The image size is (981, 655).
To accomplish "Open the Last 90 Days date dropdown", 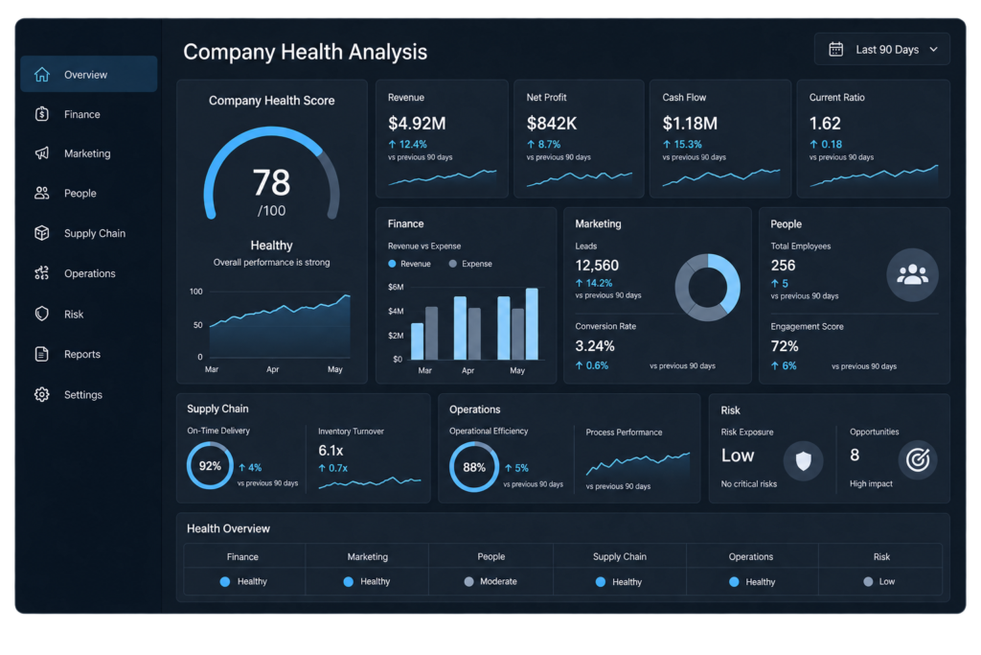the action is pyautogui.click(x=882, y=50).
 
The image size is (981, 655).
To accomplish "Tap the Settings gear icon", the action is pyautogui.click(x=42, y=394).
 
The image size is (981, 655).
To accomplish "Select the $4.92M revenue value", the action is pyautogui.click(x=417, y=124).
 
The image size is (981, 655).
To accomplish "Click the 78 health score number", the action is pyautogui.click(x=271, y=183).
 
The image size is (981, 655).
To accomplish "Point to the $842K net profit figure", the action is pyautogui.click(x=551, y=124).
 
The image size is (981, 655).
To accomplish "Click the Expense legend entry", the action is pyautogui.click(x=470, y=264).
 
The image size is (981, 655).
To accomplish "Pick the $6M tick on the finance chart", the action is pyautogui.click(x=396, y=287).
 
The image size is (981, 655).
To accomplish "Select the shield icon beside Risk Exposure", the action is pyautogui.click(x=804, y=461).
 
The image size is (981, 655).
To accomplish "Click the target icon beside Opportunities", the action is pyautogui.click(x=918, y=460).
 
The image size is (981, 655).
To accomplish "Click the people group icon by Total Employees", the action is pyautogui.click(x=912, y=275).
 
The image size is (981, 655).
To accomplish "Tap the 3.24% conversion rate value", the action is pyautogui.click(x=594, y=345).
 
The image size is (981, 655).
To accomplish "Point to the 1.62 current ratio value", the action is pyautogui.click(x=825, y=124).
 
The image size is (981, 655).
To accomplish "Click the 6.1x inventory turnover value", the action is pyautogui.click(x=331, y=450).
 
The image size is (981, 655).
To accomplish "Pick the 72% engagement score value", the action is pyautogui.click(x=785, y=346).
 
